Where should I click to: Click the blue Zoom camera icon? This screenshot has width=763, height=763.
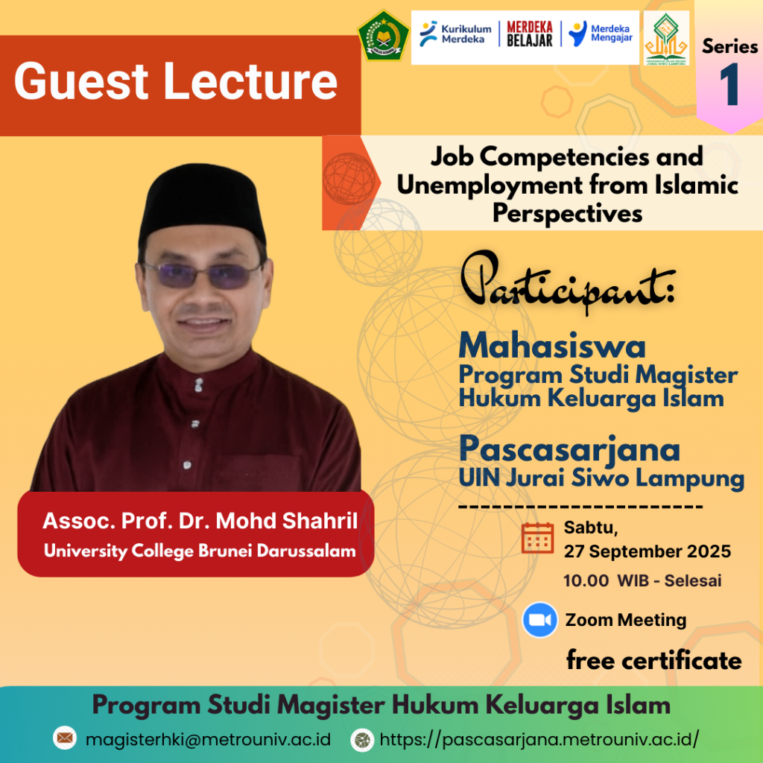(539, 619)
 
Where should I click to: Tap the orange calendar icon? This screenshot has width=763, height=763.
(537, 538)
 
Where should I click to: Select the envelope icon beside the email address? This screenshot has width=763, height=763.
(65, 738)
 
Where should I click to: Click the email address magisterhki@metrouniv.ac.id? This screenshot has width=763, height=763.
(208, 740)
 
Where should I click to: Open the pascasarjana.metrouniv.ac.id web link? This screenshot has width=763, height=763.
(539, 740)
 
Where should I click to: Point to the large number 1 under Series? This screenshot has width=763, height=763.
(729, 85)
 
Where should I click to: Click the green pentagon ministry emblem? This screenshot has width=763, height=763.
(384, 36)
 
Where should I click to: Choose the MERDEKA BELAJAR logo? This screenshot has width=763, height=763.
(530, 34)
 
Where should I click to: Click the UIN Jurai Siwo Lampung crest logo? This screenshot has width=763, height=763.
(666, 38)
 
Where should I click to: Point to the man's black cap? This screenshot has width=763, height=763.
(201, 203)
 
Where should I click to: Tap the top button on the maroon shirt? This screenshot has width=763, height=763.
(198, 385)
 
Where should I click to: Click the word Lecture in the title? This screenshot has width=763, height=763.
(250, 80)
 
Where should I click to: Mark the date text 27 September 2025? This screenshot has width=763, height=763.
(648, 551)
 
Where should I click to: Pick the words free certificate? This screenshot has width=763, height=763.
(654, 660)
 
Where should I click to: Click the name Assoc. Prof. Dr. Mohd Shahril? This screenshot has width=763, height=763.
(200, 520)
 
